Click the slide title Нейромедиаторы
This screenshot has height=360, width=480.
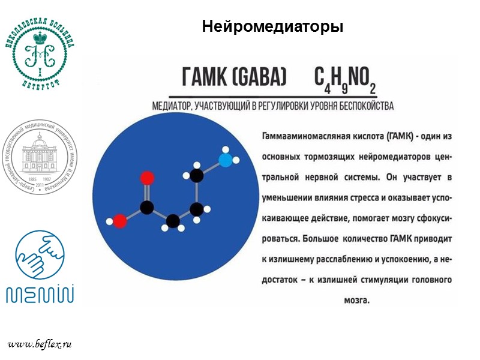(272, 27)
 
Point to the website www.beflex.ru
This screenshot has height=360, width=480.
(40, 344)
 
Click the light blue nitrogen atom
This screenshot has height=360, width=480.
(225, 160)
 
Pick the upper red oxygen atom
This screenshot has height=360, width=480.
(146, 178)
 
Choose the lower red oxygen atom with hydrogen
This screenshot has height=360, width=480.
(120, 221)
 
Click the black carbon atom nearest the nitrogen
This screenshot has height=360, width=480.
(197, 176)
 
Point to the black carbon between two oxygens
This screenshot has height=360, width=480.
(146, 208)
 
